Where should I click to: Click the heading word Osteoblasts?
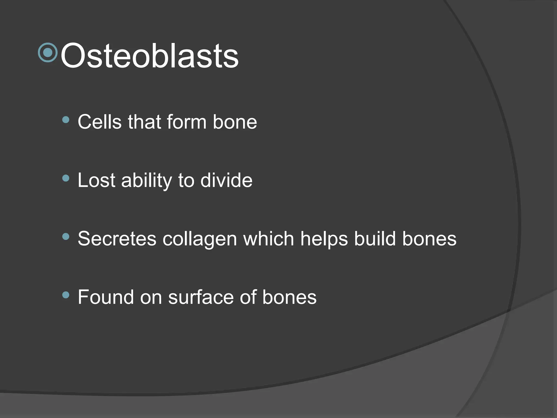[x=149, y=56]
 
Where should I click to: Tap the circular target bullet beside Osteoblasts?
[x=48, y=53]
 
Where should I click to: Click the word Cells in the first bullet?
[x=100, y=122]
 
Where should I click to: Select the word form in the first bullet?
[x=187, y=122]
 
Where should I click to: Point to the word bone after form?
[x=235, y=122]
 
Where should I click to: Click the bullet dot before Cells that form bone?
[x=66, y=120]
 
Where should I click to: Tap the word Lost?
[x=97, y=180]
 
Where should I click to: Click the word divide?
[x=226, y=180]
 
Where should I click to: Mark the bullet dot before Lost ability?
[x=66, y=178]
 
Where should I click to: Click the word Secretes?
[x=117, y=239]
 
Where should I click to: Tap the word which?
[x=268, y=239]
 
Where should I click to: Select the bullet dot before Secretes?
[x=66, y=236]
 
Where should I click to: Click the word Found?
[x=106, y=297]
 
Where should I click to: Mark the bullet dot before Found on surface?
[x=66, y=295]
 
